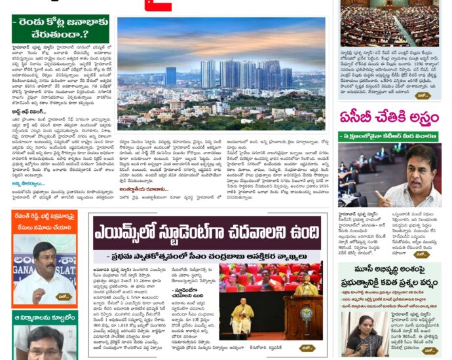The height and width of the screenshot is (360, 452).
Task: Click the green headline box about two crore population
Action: tap(60, 29)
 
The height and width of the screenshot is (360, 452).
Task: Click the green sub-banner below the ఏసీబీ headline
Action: tap(390, 137)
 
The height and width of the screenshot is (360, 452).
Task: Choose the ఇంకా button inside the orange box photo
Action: tap(64, 297)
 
